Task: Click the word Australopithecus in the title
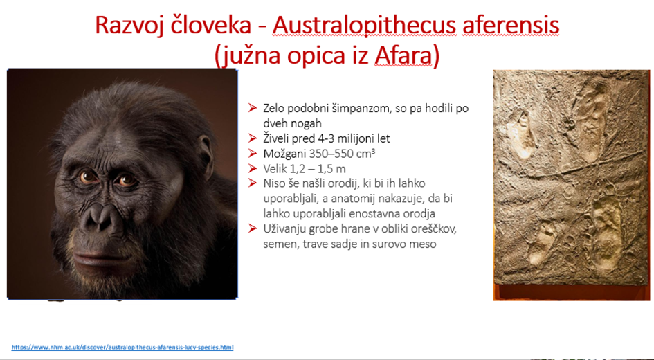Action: pos(365,26)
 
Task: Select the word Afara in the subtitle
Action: pos(403,56)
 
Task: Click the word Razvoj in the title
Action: pos(131,26)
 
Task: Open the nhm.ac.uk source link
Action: pos(122,347)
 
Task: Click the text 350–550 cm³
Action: pos(342,154)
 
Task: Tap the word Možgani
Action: pos(284,154)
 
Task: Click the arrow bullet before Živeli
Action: pos(252,138)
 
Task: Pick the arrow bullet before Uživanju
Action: pos(252,228)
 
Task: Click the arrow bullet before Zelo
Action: pos(252,108)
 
